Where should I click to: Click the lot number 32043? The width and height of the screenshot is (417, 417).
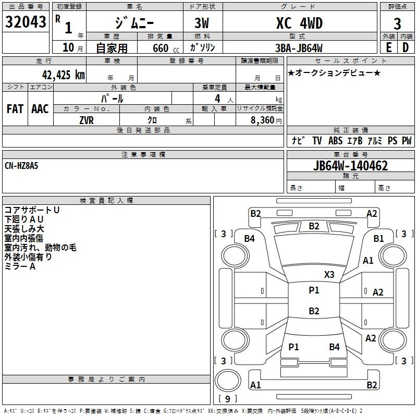click(x=26, y=22)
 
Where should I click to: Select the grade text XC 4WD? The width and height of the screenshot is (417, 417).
click(x=299, y=23)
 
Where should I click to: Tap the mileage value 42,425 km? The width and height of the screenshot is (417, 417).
click(x=63, y=75)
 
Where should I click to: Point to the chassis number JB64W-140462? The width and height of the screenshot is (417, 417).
click(x=350, y=166)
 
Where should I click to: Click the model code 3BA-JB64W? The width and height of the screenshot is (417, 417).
click(x=299, y=48)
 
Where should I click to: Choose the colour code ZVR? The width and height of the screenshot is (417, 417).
click(x=87, y=120)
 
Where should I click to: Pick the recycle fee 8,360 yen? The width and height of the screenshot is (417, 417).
click(x=266, y=120)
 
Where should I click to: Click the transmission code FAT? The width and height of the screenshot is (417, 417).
click(x=15, y=109)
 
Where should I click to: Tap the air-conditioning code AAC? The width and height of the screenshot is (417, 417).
click(x=40, y=109)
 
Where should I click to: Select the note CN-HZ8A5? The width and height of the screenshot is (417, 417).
click(x=21, y=166)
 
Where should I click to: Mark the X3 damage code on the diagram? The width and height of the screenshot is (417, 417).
click(x=329, y=274)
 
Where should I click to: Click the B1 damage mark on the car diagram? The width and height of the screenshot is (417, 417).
click(x=378, y=239)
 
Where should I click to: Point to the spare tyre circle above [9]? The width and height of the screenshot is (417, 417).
click(x=228, y=380)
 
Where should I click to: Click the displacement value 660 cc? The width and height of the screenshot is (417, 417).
click(x=166, y=48)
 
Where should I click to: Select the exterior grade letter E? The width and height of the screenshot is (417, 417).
click(x=388, y=47)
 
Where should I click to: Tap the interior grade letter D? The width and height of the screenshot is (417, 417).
click(x=406, y=47)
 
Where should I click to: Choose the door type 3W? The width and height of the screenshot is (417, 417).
click(x=202, y=23)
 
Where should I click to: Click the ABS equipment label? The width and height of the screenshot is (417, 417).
click(x=335, y=140)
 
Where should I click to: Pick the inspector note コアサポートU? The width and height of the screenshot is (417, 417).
click(x=32, y=210)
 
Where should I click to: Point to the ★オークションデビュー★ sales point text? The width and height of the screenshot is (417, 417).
click(x=334, y=72)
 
